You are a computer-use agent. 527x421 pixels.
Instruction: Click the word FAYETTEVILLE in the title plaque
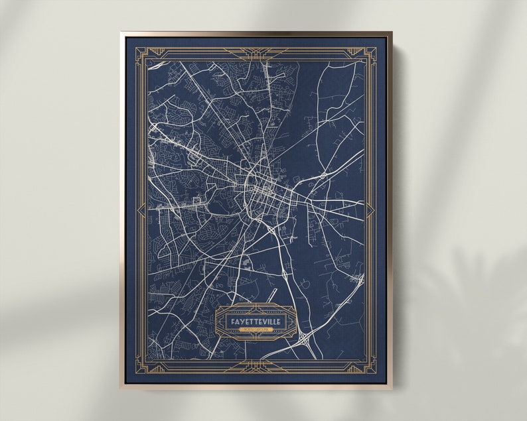click(x=256, y=322)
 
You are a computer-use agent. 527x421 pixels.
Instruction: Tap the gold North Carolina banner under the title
click(x=256, y=329)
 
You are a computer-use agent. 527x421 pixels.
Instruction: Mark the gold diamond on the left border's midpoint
click(x=139, y=210)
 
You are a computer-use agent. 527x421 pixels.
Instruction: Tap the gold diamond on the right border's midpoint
click(x=370, y=210)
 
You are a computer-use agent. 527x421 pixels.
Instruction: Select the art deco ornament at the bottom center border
click(x=255, y=367)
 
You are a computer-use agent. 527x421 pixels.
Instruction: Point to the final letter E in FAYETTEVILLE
click(x=279, y=322)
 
